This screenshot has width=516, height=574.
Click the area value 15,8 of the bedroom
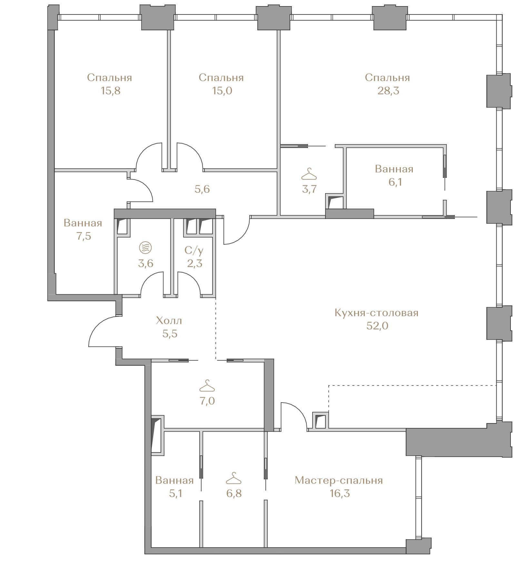pos(110,91)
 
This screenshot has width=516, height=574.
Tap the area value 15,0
pos(222,91)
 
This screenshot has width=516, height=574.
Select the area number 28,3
pos(388,91)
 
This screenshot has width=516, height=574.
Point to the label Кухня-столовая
pos(376,313)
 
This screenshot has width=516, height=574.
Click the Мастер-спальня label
pos(339,480)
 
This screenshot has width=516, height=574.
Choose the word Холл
pos(169,320)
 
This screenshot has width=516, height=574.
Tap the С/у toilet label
pos(194,250)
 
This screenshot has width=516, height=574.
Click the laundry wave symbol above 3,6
pos(145,248)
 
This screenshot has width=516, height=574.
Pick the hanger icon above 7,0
pos(207,385)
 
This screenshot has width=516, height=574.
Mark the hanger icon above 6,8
pos(233,478)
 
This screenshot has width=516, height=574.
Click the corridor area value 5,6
pos(202,189)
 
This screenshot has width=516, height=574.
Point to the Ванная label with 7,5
pos(83,223)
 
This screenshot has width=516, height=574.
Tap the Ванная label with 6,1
pos(394,169)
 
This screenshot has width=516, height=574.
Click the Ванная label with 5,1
pos(174,480)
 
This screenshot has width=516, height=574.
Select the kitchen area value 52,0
pos(377,326)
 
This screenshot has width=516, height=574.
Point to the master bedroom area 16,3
pos(340,493)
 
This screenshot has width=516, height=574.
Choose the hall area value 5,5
pos(170,334)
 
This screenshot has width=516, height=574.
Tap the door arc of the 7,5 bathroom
pos(147,187)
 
